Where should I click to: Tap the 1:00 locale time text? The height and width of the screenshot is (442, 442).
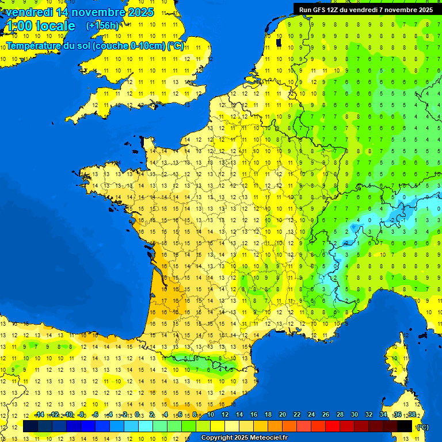click(x=40, y=26)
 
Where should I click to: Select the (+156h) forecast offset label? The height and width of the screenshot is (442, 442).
click(x=102, y=26)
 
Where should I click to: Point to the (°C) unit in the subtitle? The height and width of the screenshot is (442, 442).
click(x=175, y=45)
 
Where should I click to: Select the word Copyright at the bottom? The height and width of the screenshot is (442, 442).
click(x=216, y=438)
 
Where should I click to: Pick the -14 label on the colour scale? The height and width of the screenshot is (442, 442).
click(x=39, y=415)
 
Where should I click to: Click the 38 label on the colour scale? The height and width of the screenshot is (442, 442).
click(x=412, y=415)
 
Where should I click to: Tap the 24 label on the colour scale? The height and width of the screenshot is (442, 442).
click(x=311, y=415)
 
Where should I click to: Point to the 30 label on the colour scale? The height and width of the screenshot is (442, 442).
click(x=355, y=415)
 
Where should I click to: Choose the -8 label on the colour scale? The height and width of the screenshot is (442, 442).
click(x=82, y=415)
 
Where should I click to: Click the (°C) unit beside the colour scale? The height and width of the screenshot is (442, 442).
click(x=422, y=427)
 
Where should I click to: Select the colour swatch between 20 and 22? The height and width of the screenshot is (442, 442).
click(x=289, y=426)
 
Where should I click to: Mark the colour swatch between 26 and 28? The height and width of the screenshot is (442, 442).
click(x=333, y=426)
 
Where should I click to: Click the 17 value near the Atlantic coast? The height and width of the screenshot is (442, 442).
click(x=165, y=300)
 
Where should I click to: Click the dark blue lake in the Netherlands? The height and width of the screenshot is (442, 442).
click(x=279, y=42)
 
